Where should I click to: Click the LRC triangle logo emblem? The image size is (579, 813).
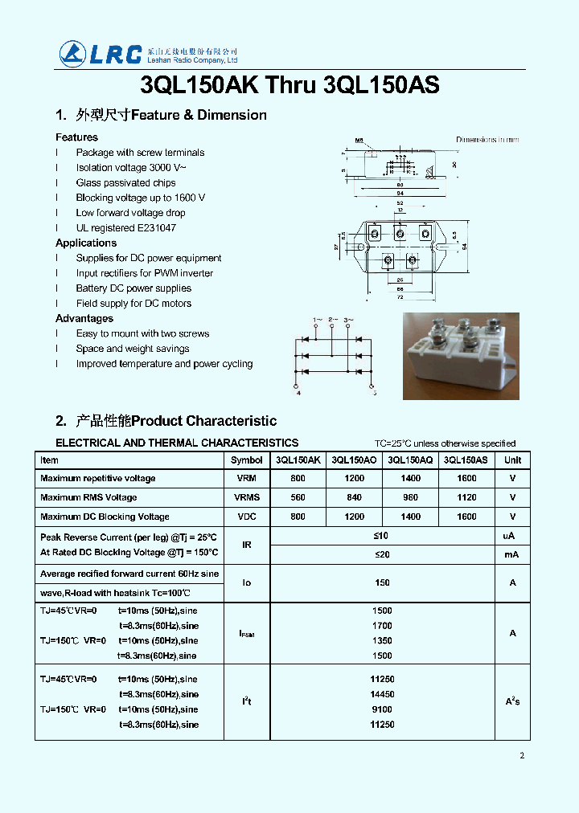pyautogui.click(x=72, y=54)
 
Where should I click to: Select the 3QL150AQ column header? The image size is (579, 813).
pyautogui.click(x=410, y=460)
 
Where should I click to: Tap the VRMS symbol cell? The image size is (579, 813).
pyautogui.click(x=247, y=497)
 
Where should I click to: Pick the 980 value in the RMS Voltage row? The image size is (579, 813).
pyautogui.click(x=410, y=497)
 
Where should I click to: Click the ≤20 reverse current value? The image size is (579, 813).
pyautogui.click(x=382, y=555)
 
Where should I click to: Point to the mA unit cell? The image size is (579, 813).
pyautogui.click(x=512, y=555)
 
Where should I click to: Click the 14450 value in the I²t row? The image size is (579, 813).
pyautogui.click(x=382, y=694)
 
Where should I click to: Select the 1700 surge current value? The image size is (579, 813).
pyautogui.click(x=382, y=626)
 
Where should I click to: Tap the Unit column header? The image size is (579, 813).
pyautogui.click(x=512, y=460)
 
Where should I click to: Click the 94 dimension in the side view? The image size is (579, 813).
pyautogui.click(x=399, y=193)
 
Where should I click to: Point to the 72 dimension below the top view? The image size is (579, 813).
pyautogui.click(x=399, y=297)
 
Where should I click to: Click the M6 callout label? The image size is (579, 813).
pyautogui.click(x=359, y=140)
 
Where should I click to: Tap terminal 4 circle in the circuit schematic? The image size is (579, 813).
pyautogui.click(x=298, y=386)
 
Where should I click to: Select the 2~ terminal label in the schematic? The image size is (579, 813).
pyautogui.click(x=331, y=321)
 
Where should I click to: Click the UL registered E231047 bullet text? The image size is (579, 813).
pyautogui.click(x=125, y=228)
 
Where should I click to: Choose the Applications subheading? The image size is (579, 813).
pyautogui.click(x=86, y=243)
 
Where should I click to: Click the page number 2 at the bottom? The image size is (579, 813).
pyautogui.click(x=522, y=755)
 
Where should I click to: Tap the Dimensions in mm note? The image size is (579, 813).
pyautogui.click(x=487, y=140)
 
